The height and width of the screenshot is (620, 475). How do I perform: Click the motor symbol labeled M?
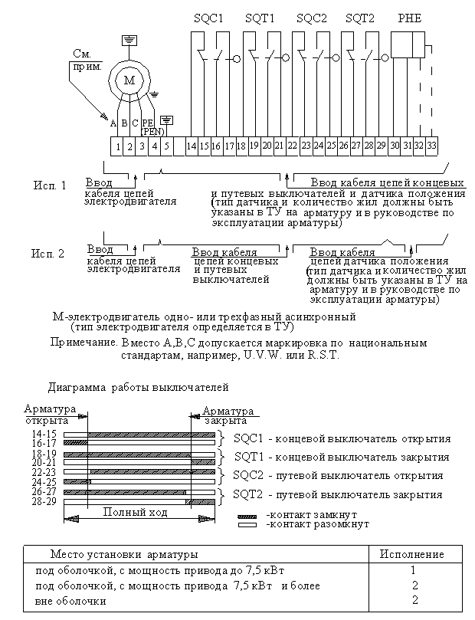tap(129, 80)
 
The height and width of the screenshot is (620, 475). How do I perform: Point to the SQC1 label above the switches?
tap(209, 18)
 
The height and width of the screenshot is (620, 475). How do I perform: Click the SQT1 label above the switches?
tap(259, 18)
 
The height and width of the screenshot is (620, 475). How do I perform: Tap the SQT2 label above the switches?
tap(359, 18)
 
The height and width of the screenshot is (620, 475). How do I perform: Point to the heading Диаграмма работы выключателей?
tap(138, 387)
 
